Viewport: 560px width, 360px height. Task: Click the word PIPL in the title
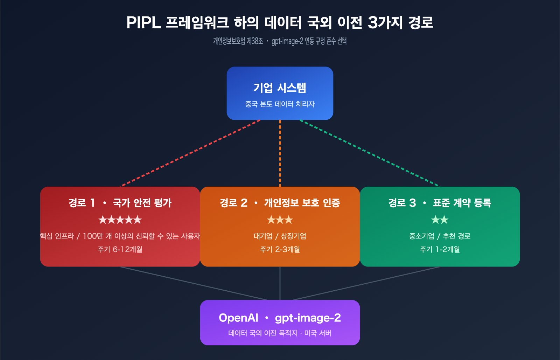click(143, 23)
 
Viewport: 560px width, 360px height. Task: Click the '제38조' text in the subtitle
click(255, 41)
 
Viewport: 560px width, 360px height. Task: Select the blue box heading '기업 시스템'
click(280, 88)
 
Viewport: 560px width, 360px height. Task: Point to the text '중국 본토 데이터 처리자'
click(280, 104)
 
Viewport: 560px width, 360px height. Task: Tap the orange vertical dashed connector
click(280, 153)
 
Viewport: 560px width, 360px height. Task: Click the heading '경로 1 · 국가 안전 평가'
click(120, 203)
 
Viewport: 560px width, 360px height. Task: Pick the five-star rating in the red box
click(120, 220)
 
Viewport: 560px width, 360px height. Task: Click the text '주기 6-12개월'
click(120, 249)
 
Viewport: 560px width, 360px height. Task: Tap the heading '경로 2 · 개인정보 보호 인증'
click(280, 203)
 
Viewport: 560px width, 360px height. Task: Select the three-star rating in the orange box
click(280, 220)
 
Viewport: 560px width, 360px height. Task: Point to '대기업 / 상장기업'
click(280, 236)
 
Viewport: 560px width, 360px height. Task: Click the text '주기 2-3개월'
click(280, 249)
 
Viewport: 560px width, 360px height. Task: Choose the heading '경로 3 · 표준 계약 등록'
click(440, 203)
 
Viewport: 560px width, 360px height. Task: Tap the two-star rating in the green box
click(440, 220)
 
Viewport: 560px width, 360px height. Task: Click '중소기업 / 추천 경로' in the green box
click(440, 236)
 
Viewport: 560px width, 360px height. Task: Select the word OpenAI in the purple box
click(238, 318)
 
